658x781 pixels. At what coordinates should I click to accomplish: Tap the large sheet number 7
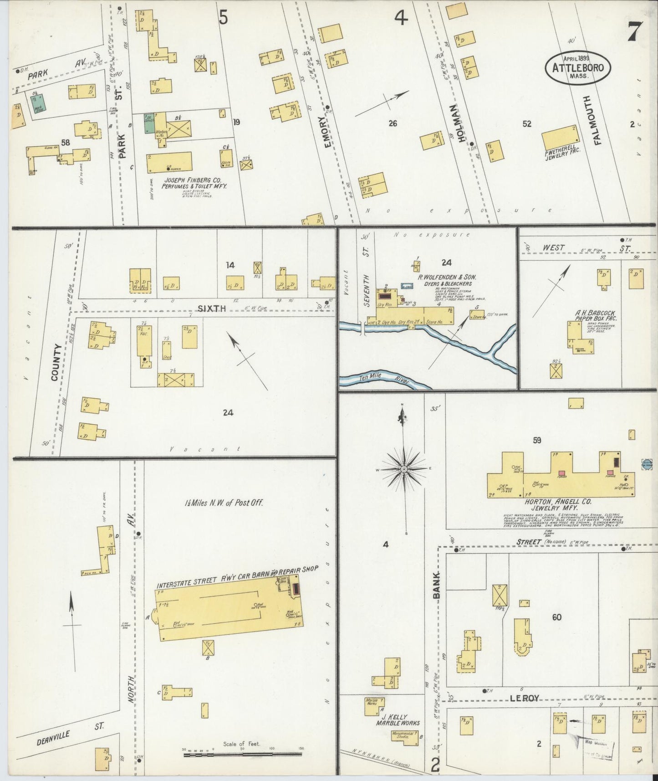(x=634, y=32)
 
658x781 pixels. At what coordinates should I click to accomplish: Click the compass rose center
(x=404, y=469)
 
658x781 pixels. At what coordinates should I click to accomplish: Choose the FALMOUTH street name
(x=598, y=120)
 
